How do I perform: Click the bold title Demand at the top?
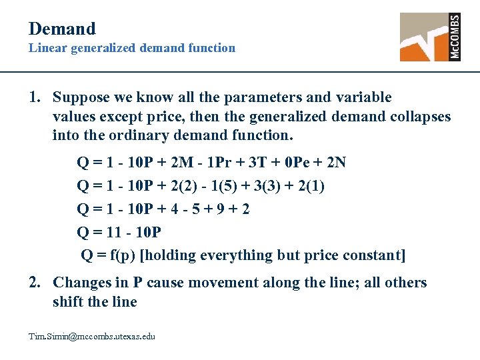click(x=62, y=29)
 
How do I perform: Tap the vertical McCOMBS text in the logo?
click(x=455, y=37)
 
